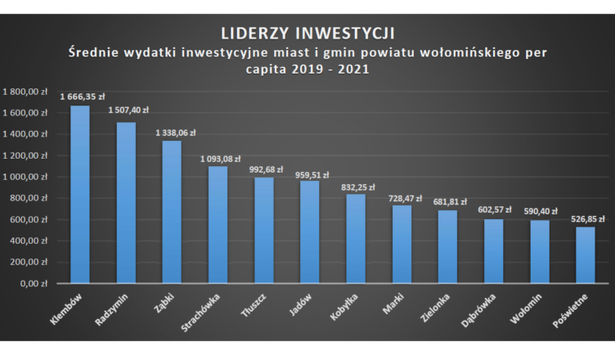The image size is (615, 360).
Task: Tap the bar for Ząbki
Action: [x=172, y=212]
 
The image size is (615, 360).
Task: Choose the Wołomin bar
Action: [x=540, y=252]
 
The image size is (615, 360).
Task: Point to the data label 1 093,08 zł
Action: [x=220, y=158]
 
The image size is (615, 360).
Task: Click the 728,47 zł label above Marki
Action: [x=402, y=197]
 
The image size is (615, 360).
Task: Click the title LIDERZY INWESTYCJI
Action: [x=307, y=34]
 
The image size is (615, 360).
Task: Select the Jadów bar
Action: [x=310, y=232]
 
